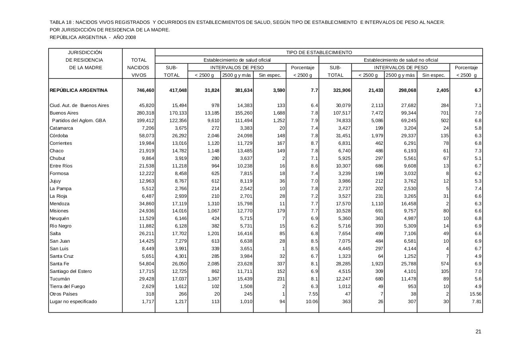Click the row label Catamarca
(x=61, y=128)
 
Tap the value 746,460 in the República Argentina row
(x=145, y=90)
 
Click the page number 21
(x=478, y=332)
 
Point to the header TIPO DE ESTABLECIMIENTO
(x=319, y=53)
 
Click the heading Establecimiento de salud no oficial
(x=401, y=60)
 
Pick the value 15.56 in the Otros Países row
(x=475, y=294)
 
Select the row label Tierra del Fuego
(x=67, y=286)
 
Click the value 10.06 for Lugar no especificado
(x=311, y=302)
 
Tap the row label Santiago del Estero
(x=70, y=271)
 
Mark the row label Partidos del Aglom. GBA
(x=79, y=121)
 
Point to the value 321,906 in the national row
(x=342, y=90)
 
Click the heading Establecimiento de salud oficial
(x=237, y=60)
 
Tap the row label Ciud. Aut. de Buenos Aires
(x=79, y=105)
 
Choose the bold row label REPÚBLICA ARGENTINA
(x=79, y=90)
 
